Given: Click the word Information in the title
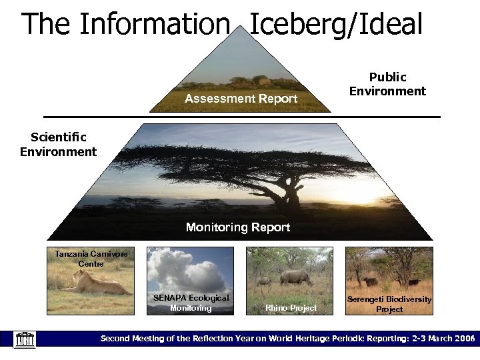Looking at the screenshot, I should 154,25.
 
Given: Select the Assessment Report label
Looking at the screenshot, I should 241,99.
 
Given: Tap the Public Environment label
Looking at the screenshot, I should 387,85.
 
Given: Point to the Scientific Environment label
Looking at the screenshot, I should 59,145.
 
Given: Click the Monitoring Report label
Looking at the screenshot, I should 238,227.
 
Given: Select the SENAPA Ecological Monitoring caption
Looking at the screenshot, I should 191,303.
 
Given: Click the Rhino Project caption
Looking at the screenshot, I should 291,307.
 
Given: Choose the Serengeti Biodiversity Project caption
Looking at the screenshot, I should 389,305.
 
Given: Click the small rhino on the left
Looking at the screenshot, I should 263,281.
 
